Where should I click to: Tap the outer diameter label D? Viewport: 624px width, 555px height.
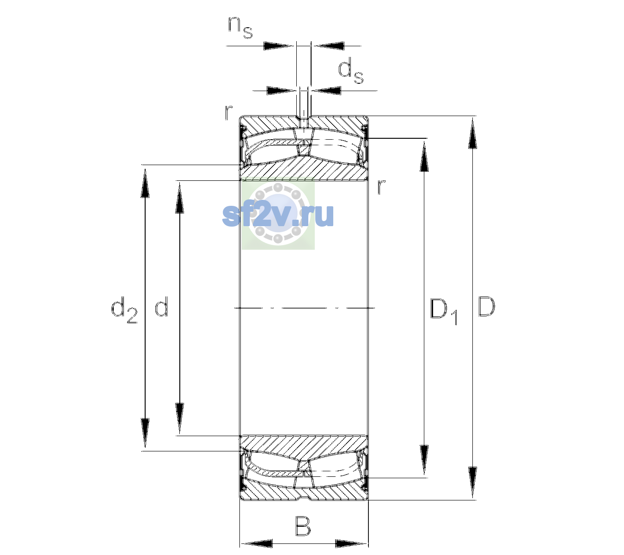(x=486, y=307)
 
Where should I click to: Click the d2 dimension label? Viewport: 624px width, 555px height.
(x=124, y=309)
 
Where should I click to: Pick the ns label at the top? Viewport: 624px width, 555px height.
(x=240, y=28)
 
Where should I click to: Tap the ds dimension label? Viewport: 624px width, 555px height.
(x=351, y=72)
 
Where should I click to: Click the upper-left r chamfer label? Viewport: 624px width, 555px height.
(x=228, y=112)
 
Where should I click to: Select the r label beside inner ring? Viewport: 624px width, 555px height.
(x=381, y=187)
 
